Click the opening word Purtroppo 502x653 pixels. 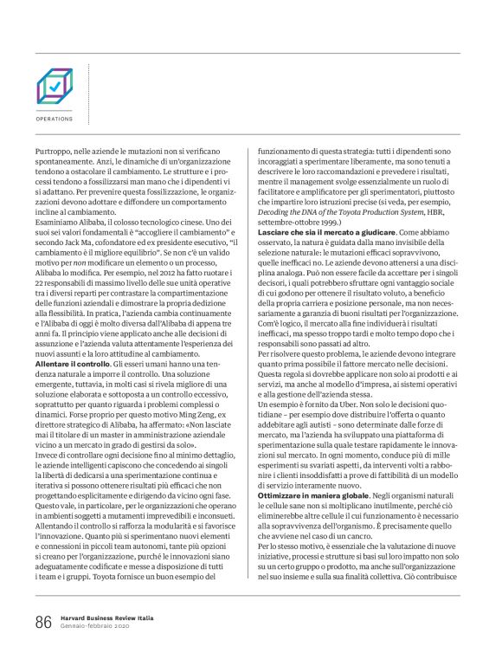click(55, 150)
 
